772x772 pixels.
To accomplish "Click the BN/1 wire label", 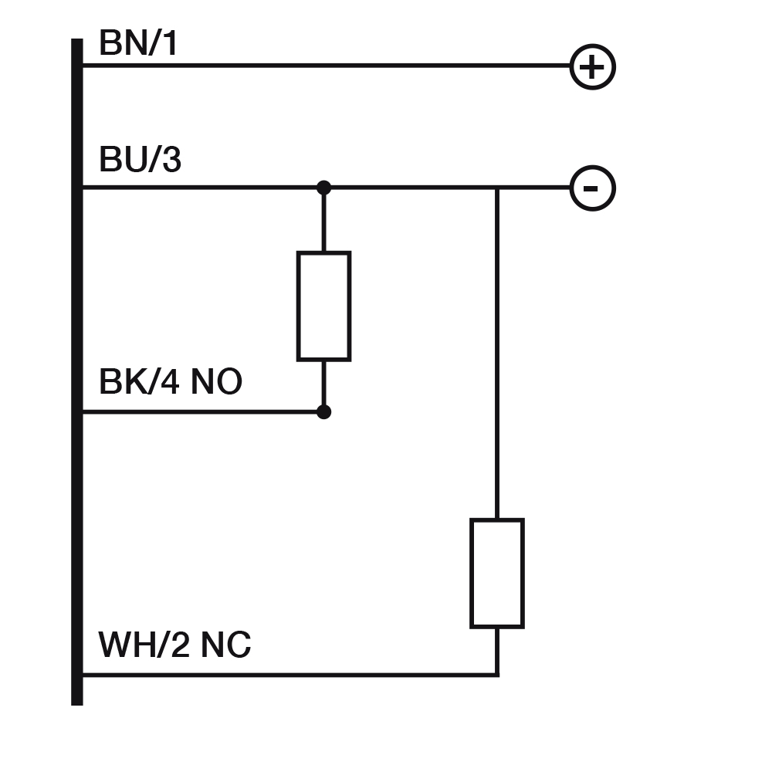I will point(138,43).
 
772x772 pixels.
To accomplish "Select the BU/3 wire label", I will point(140,160).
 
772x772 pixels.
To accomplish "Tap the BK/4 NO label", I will point(170,381).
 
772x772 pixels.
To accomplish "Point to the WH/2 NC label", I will point(174,645).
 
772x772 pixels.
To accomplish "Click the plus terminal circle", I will point(592,66).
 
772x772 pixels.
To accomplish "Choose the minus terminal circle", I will point(592,188).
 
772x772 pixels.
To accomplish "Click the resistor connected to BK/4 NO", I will point(323,306).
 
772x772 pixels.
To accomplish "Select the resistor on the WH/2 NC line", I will point(497,573).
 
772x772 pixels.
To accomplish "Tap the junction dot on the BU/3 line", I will point(323,188).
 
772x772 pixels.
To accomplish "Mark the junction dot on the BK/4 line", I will point(323,411).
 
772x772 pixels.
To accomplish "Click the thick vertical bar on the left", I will point(77,371).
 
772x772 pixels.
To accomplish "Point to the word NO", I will point(216,381).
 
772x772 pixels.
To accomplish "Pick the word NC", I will point(225,645).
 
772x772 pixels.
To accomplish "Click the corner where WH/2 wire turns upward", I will point(497,675).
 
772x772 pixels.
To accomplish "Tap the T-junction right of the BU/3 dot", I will point(497,188).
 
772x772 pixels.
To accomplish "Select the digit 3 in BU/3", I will point(171,160).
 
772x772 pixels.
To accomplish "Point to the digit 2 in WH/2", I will point(178,645).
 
